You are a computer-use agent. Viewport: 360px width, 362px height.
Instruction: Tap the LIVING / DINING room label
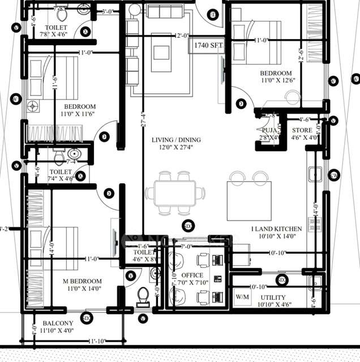coord(176,140)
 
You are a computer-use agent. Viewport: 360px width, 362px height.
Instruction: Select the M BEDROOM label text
coord(83,281)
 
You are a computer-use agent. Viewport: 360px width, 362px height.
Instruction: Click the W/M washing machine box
coord(242,296)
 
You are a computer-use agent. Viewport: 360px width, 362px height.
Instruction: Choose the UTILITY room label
coord(273,297)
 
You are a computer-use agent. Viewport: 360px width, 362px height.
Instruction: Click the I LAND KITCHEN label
coord(277,229)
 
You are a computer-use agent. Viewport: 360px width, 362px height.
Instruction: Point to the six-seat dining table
coord(174,193)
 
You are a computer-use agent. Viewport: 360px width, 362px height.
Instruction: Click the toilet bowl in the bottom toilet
coord(143,297)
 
